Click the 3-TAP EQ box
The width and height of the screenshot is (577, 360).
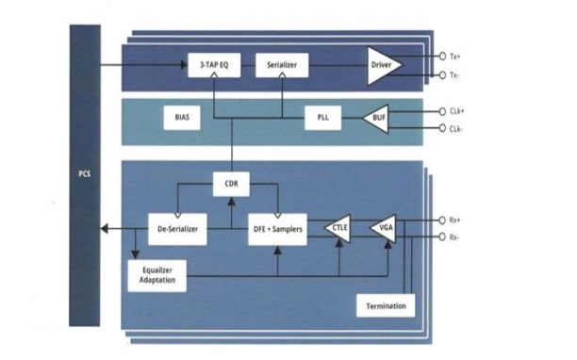(x=214, y=65)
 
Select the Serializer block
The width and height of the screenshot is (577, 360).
(x=282, y=65)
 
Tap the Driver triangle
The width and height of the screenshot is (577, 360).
(x=384, y=65)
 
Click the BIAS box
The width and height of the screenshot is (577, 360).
(x=182, y=118)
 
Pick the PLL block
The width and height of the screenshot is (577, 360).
(x=322, y=118)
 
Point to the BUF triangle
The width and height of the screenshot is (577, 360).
(x=377, y=118)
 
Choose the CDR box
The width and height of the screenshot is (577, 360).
(x=231, y=184)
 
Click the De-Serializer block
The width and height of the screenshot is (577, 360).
(x=177, y=229)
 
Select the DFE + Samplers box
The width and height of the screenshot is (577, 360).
(x=277, y=229)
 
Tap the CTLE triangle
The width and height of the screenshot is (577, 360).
(x=338, y=228)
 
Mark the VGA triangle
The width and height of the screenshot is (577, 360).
(x=384, y=228)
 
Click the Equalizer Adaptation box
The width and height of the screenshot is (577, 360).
(x=157, y=276)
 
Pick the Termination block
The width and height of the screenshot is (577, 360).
(x=386, y=305)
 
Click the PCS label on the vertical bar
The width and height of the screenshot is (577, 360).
(x=85, y=174)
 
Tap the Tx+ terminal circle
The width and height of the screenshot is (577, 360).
(x=442, y=57)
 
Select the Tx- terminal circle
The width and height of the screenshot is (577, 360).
(x=442, y=75)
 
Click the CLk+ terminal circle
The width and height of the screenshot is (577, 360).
(x=442, y=111)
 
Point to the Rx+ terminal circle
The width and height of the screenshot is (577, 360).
(x=442, y=221)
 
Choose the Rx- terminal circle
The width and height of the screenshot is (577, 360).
(x=442, y=237)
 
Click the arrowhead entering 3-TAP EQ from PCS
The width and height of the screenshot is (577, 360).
(x=184, y=65)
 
